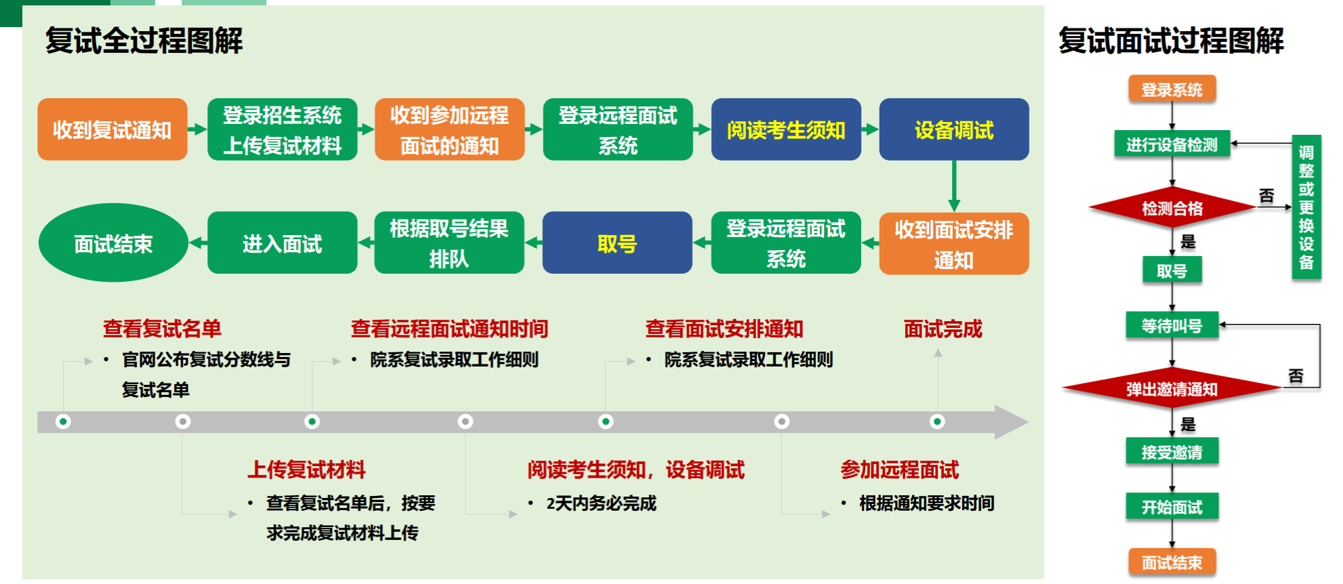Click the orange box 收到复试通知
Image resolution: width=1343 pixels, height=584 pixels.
click(x=112, y=129)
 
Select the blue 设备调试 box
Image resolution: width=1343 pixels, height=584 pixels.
click(x=954, y=129)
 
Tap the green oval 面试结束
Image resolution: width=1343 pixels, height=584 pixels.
click(x=113, y=243)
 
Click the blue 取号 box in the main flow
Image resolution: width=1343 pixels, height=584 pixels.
click(x=617, y=243)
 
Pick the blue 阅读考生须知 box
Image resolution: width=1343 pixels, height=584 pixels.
click(x=786, y=129)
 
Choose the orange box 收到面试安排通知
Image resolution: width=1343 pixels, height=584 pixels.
click(x=954, y=244)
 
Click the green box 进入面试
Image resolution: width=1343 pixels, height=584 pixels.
click(x=283, y=243)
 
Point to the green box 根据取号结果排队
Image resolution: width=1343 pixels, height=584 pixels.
click(x=449, y=243)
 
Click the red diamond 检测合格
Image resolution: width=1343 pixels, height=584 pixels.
click(x=1172, y=207)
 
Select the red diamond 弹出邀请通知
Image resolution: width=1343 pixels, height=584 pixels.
click(x=1172, y=388)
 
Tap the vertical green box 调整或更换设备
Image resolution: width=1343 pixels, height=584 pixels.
click(x=1306, y=207)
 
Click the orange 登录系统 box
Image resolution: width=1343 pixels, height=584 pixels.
click(x=1172, y=89)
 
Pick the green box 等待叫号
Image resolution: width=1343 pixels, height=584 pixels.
click(x=1172, y=325)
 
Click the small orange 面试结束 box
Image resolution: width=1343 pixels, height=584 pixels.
click(x=1172, y=562)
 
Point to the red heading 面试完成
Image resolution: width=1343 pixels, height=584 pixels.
click(x=943, y=329)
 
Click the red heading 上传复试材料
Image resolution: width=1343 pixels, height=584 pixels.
click(x=306, y=470)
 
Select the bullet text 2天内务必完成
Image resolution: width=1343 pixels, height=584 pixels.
click(x=602, y=503)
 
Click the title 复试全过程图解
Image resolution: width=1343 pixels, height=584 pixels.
click(x=144, y=41)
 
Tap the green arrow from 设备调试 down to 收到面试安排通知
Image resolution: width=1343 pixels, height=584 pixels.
click(x=954, y=186)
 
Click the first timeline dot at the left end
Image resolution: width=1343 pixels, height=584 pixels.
click(x=63, y=421)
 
